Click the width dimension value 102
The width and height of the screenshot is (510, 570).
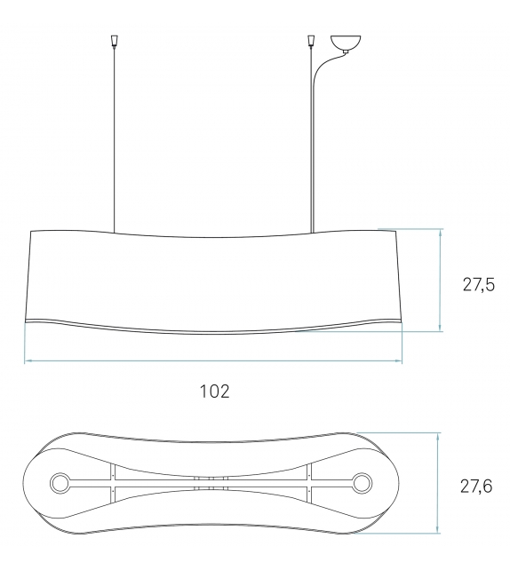[214, 392]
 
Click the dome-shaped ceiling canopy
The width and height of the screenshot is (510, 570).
[347, 43]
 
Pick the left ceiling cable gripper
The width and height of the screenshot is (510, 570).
[114, 41]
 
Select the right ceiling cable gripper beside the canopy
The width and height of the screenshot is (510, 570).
[312, 41]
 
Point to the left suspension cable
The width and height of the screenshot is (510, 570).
[114, 133]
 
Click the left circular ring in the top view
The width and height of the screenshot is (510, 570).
[60, 484]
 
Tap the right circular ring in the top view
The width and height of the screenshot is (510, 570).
[363, 484]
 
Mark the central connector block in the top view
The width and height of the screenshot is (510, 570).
[211, 484]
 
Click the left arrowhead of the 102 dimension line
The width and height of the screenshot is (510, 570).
[27, 361]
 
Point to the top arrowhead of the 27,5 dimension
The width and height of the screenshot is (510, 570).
[440, 232]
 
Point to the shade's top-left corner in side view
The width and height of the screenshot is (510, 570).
[31, 230]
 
